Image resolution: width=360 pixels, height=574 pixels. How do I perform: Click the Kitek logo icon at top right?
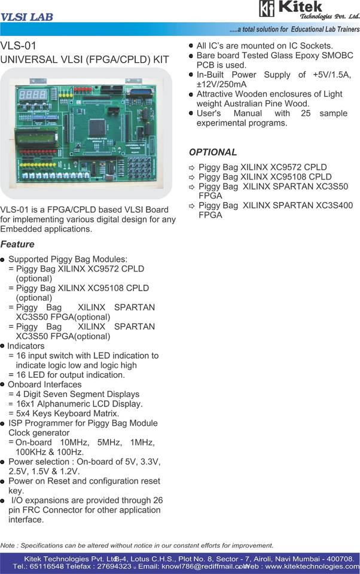click(x=267, y=8)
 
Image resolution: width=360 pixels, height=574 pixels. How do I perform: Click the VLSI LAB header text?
click(x=27, y=17)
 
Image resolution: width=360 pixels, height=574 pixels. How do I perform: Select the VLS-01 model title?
click(x=19, y=45)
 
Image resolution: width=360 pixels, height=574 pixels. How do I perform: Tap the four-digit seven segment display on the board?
click(x=33, y=94)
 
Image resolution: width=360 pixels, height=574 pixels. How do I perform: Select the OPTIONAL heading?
click(x=213, y=152)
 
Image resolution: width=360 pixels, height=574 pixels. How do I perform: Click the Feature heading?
click(x=17, y=244)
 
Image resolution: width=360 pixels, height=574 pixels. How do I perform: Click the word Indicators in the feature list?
click(x=26, y=346)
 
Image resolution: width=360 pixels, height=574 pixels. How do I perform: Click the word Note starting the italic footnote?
click(x=8, y=545)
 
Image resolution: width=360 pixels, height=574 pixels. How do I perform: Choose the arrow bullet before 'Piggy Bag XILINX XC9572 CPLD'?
click(x=192, y=168)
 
